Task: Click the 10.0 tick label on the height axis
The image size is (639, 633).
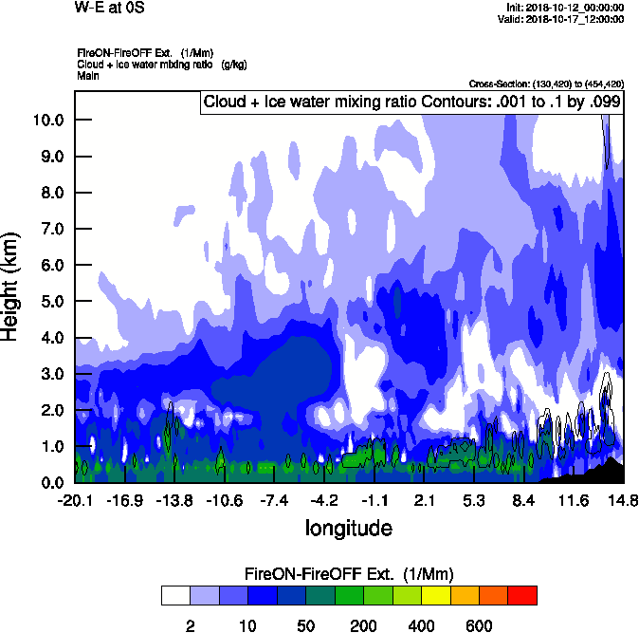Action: click(47, 120)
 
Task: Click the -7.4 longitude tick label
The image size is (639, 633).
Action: click(273, 500)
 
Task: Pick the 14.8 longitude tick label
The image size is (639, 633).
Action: click(623, 500)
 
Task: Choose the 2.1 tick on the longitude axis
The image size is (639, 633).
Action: click(424, 500)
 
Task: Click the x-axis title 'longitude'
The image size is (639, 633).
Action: click(348, 527)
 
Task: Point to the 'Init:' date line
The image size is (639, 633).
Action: click(566, 8)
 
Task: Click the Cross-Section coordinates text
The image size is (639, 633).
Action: click(546, 84)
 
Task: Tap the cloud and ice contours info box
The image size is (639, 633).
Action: click(411, 102)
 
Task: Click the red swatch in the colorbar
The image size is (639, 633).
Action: click(522, 595)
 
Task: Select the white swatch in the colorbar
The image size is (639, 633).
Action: click(175, 595)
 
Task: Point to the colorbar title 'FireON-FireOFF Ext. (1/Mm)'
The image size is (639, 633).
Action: click(349, 574)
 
